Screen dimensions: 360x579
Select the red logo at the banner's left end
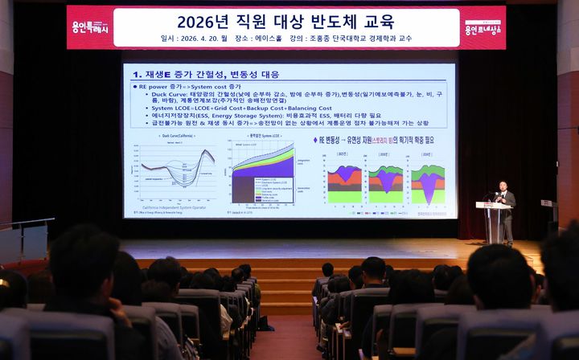(89, 27)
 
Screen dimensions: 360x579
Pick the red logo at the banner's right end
(482, 27)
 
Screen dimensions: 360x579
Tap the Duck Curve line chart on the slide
(178, 169)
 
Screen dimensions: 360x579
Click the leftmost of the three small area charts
(344, 184)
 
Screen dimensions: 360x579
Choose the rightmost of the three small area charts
(427, 184)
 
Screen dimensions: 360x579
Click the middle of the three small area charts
(386, 184)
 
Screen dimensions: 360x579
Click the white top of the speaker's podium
(493, 205)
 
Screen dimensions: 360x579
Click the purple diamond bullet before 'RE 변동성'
(315, 139)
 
